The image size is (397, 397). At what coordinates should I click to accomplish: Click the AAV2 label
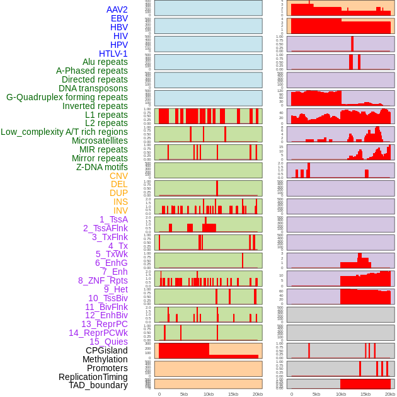click(x=117, y=10)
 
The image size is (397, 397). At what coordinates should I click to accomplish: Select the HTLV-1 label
click(x=113, y=54)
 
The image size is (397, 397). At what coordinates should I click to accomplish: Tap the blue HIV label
click(x=120, y=36)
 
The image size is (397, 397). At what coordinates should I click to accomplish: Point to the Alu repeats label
click(x=105, y=62)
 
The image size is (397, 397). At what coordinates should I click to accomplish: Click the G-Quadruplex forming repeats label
click(x=67, y=97)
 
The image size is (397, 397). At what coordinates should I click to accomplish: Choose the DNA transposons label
click(x=93, y=88)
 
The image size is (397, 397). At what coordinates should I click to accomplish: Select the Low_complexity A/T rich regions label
click(x=64, y=132)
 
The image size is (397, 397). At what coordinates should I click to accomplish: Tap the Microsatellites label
click(x=100, y=141)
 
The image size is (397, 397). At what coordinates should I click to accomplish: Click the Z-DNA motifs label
click(x=102, y=167)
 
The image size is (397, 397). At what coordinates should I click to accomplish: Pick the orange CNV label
click(x=118, y=176)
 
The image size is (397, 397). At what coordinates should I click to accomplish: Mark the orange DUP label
click(x=118, y=193)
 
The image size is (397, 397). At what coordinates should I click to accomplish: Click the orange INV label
click(x=120, y=210)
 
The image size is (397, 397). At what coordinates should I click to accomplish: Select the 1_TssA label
click(x=113, y=219)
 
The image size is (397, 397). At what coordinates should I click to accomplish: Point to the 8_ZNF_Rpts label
click(x=103, y=280)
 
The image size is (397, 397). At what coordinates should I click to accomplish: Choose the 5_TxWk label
click(x=112, y=254)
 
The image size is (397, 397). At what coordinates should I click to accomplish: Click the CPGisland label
click(x=106, y=350)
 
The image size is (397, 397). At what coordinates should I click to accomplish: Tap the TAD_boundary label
click(x=98, y=385)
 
